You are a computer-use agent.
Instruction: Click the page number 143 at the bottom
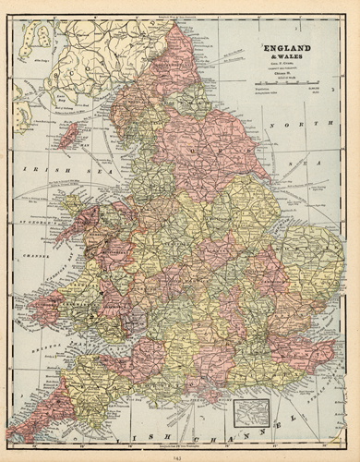179,454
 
